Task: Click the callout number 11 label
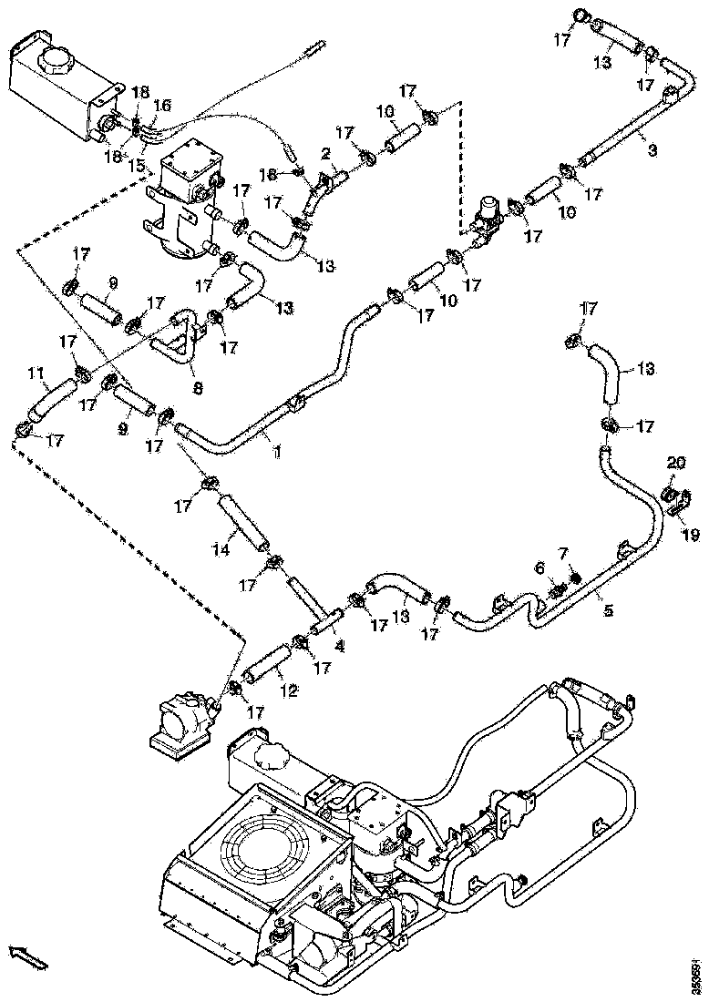point(36,373)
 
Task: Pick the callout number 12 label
point(289,690)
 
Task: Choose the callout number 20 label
point(673,463)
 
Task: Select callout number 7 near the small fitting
point(561,553)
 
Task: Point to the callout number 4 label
point(339,649)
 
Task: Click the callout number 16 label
point(161,107)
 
